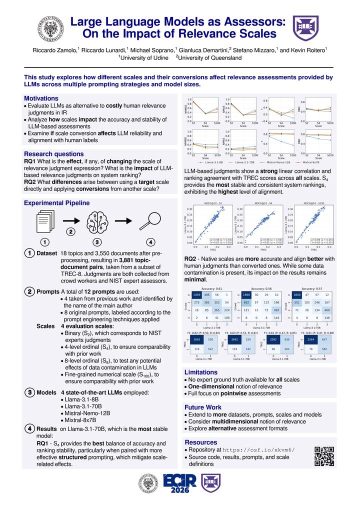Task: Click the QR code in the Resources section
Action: click(x=324, y=455)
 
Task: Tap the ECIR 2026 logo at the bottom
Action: click(x=179, y=483)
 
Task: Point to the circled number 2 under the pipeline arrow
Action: click(x=71, y=231)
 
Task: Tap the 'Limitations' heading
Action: click(x=201, y=372)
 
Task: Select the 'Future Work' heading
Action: click(x=203, y=407)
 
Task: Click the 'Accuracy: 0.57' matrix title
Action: click(x=311, y=288)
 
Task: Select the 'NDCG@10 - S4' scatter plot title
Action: click(x=263, y=203)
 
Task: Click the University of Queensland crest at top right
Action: click(x=305, y=28)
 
